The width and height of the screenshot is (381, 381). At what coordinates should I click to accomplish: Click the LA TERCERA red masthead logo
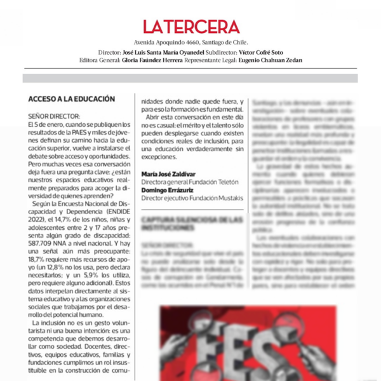(190, 27)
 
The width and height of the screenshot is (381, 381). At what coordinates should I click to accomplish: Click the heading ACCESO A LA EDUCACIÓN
(72, 99)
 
